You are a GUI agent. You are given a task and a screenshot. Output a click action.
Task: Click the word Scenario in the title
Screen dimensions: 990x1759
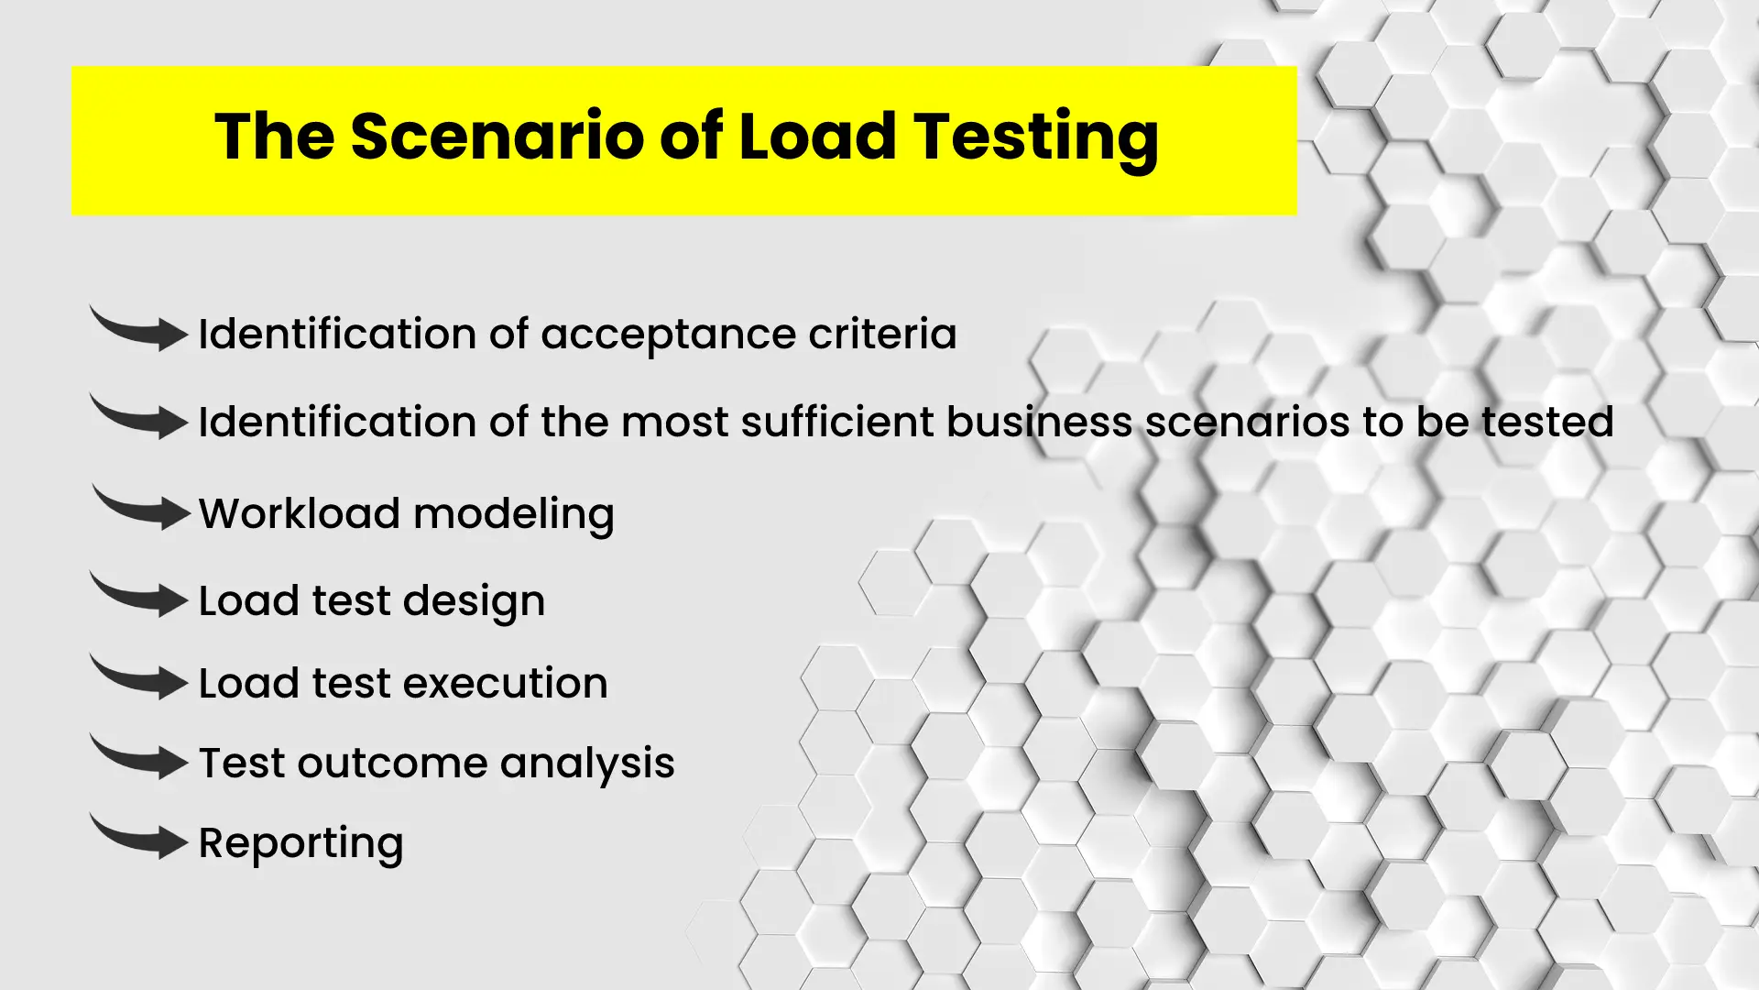click(x=497, y=137)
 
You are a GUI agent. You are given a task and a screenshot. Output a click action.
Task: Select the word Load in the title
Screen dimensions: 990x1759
click(x=816, y=137)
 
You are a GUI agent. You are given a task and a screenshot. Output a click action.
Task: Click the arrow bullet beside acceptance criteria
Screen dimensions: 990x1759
click(x=139, y=330)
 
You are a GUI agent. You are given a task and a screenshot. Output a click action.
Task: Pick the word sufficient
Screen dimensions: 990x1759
click(x=837, y=423)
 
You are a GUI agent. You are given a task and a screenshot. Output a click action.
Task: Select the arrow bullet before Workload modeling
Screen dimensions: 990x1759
click(x=141, y=509)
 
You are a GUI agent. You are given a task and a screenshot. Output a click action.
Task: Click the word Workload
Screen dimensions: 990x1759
click(x=300, y=513)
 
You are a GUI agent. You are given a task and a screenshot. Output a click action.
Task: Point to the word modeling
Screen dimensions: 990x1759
click(x=514, y=515)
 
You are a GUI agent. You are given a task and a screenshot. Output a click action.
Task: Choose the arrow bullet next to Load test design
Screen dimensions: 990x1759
click(x=139, y=596)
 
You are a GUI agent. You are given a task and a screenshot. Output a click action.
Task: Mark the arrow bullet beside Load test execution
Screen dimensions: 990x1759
click(x=139, y=678)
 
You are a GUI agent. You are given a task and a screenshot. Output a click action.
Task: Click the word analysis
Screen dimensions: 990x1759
click(x=587, y=764)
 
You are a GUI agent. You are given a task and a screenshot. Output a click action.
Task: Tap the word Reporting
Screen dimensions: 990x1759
click(x=300, y=844)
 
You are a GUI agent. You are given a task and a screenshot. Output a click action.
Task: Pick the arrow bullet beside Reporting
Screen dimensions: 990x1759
click(x=139, y=837)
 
